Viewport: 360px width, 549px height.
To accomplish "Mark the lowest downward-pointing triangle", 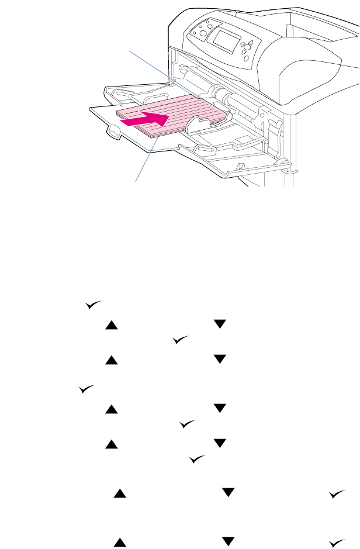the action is pyautogui.click(x=230, y=527).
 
